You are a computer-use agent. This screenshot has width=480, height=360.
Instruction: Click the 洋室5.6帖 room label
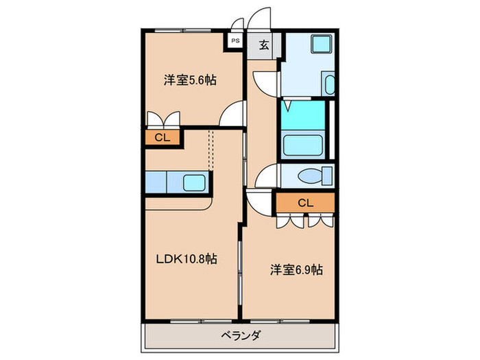pos(191,80)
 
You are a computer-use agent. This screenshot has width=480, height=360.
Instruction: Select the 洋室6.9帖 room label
pos(296,270)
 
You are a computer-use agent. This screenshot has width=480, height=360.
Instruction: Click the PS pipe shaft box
pos(235,41)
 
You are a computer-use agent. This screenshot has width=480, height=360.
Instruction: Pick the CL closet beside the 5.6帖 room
pos(162,137)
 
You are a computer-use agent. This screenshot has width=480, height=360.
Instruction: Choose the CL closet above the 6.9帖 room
pos(305,202)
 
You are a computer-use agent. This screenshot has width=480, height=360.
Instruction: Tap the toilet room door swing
pos(265,177)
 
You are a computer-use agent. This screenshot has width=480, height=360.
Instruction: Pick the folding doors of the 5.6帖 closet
pos(163,118)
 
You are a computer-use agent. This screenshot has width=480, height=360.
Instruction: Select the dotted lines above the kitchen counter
pos(211,148)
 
